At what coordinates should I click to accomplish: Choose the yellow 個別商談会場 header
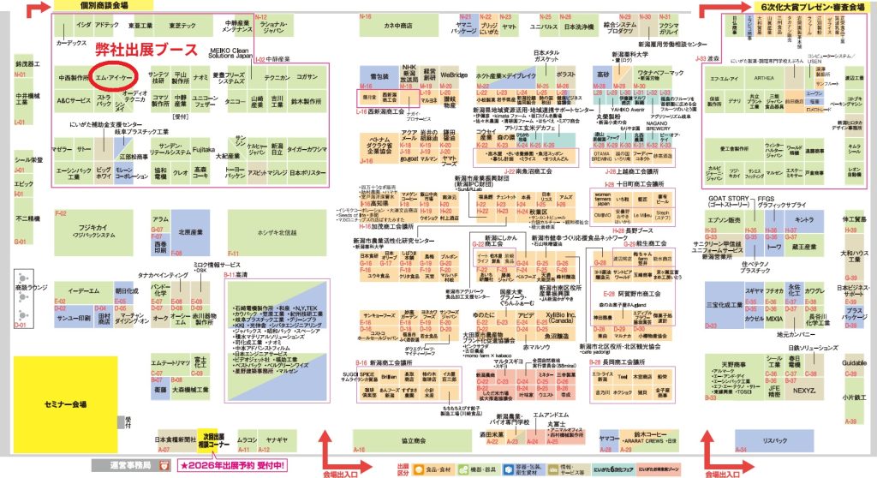pyautogui.click(x=92, y=6)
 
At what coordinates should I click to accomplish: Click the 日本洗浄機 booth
pyautogui.click(x=581, y=27)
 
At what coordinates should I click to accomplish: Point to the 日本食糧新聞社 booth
pyautogui.click(x=175, y=439)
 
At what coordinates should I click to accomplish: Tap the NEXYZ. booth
pyautogui.click(x=803, y=390)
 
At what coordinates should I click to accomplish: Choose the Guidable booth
pyautogui.click(x=854, y=363)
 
